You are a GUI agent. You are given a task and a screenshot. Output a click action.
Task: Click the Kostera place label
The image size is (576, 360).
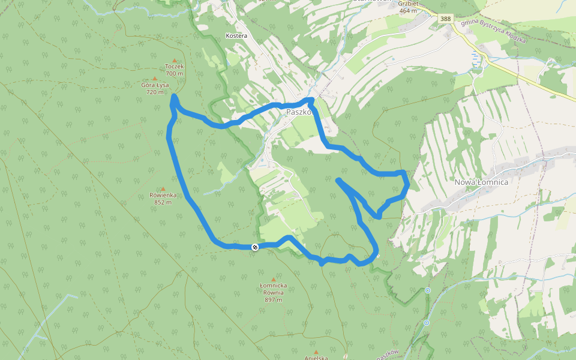(236, 36)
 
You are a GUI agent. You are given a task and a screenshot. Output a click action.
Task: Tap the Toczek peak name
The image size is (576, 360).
(175, 67)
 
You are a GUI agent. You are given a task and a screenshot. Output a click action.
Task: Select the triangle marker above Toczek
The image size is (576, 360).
(175, 60)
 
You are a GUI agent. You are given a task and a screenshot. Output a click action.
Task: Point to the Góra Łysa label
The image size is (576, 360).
(155, 85)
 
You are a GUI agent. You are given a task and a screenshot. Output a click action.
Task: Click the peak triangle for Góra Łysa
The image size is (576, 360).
(155, 79)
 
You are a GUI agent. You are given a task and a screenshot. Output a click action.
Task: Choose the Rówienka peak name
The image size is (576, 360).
(163, 195)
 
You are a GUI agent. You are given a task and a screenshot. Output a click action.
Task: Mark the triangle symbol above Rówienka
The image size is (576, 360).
(163, 188)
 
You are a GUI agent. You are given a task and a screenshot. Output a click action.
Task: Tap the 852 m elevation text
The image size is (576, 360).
(163, 202)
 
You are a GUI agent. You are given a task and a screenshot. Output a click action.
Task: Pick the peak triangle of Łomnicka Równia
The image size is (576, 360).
(274, 280)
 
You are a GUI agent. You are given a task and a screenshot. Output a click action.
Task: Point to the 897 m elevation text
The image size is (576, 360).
(274, 299)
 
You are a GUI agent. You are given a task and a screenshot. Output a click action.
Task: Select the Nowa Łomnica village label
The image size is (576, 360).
(481, 182)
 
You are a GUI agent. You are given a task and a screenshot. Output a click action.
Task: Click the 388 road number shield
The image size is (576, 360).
(445, 19)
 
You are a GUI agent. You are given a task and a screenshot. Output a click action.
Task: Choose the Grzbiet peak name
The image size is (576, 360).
(407, 3)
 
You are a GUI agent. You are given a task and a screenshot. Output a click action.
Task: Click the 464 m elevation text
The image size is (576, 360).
(407, 10)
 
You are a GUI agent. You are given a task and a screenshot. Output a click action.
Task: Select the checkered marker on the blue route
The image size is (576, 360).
(255, 247)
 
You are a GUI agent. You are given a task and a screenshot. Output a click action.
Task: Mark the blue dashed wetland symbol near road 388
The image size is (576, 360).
(476, 58)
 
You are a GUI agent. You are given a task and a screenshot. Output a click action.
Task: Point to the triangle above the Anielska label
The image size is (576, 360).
(316, 352)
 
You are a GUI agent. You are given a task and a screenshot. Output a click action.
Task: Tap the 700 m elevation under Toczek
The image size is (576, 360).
(175, 73)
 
